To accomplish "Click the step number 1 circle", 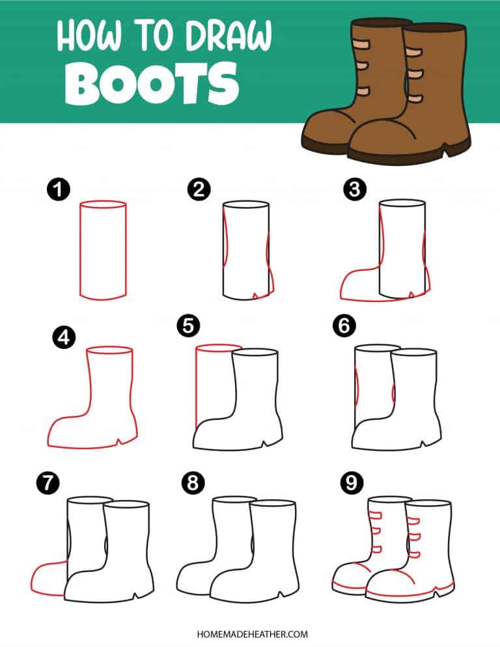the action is (x=59, y=190).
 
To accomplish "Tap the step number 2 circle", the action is (x=199, y=190).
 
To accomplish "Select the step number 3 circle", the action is (x=355, y=190).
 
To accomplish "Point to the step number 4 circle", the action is (x=64, y=338).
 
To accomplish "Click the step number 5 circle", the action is (x=188, y=325).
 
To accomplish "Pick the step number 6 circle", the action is (x=344, y=325).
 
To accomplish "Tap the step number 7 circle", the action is (x=48, y=482).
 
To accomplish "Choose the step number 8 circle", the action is (x=193, y=482).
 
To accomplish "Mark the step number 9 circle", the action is (x=352, y=482).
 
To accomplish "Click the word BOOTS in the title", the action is (x=152, y=84).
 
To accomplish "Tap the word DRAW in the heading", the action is (x=229, y=36).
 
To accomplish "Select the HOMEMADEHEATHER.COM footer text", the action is (x=252, y=634).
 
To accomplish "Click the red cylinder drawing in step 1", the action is (x=79, y=250).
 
